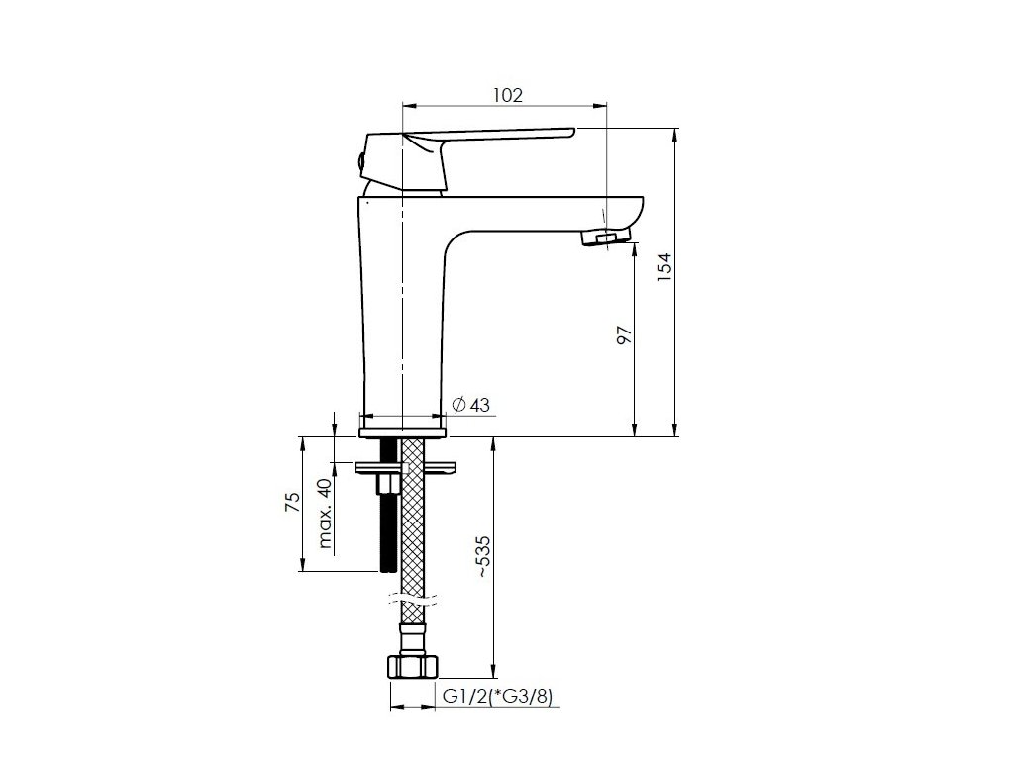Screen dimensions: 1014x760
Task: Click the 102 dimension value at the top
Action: coord(508,95)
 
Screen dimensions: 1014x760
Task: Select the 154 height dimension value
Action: coord(664,267)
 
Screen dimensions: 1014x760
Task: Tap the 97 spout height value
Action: coord(624,334)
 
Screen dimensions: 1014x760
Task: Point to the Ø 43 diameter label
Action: coord(470,405)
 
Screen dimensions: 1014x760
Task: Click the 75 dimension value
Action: coord(293,502)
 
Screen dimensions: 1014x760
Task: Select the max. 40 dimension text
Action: coord(325,514)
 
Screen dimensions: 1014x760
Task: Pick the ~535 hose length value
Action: coord(483,556)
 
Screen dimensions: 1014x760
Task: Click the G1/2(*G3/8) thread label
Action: coord(498,697)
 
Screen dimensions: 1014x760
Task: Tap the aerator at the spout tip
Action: coord(605,237)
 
